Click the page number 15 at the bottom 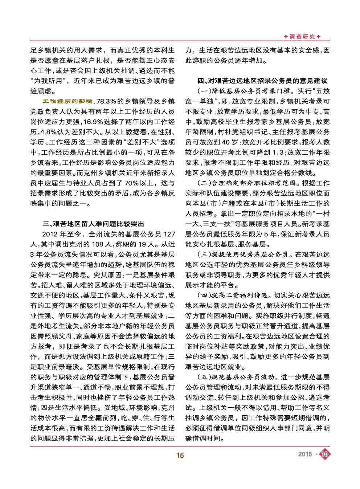180,455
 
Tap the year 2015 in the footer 305,454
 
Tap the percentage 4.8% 49,131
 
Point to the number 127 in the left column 169,234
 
